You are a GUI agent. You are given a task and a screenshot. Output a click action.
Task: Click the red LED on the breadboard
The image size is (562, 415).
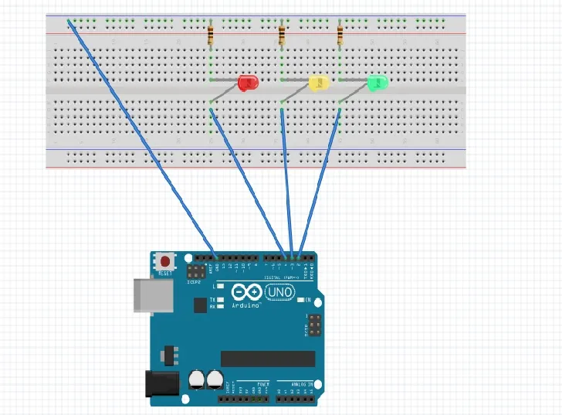click(248, 82)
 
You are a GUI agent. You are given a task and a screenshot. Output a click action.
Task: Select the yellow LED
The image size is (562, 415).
click(318, 83)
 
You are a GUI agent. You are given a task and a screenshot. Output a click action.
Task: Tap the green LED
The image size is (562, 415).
click(377, 82)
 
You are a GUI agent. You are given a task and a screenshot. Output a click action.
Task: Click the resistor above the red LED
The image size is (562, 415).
click(212, 36)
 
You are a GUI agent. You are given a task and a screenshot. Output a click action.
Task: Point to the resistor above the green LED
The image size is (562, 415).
click(340, 33)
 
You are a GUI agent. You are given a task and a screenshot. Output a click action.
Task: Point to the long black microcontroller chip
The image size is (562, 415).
click(268, 358)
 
